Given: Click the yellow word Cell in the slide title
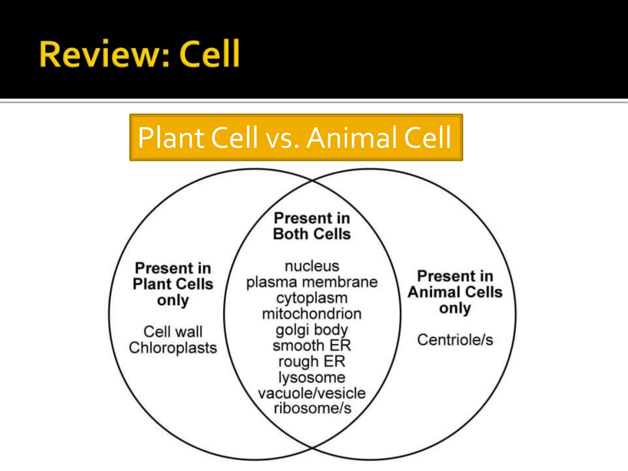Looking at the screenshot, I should coord(209,54).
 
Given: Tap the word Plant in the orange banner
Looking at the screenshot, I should coord(171,138).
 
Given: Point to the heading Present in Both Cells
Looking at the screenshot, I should coord(312,226).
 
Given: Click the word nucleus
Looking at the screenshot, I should coord(312,266).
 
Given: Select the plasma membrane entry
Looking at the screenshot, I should coord(312,282).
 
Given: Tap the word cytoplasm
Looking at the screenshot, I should coord(312,298).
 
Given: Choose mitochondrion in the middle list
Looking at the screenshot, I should coord(312,314).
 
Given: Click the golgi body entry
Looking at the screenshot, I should coord(312,330).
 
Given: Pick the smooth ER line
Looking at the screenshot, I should coord(312,346).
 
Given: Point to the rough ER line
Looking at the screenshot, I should coord(312,362).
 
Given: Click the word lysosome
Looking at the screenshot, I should coord(312,377).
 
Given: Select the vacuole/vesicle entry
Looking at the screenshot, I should coord(312,393).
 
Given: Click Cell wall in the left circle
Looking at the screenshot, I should coord(173,332).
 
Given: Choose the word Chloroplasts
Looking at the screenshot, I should coord(173,348).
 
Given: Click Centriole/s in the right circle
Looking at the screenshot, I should coord(455,340).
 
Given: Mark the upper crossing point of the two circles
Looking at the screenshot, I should coord(312,181).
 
